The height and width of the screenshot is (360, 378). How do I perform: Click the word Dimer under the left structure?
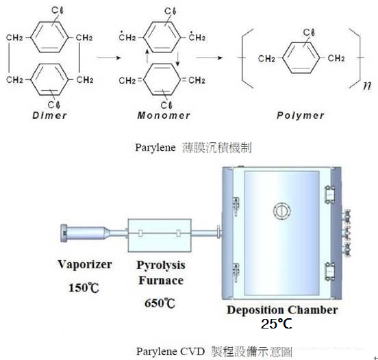coord(49,116)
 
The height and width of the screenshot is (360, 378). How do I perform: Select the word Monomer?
coord(164,116)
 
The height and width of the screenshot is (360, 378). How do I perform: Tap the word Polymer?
coord(300,116)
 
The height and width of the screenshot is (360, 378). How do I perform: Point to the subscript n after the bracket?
coord(367,86)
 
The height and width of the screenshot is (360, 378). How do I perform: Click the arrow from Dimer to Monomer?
coord(108,57)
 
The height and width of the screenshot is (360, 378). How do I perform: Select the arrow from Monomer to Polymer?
coord(210,57)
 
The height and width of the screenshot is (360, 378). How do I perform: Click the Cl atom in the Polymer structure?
coord(309,32)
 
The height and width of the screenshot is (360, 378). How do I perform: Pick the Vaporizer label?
coord(85,264)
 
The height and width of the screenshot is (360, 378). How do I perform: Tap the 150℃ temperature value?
coord(84,287)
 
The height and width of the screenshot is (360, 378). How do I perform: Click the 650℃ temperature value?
coord(160,303)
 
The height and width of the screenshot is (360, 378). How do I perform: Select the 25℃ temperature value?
coord(276,324)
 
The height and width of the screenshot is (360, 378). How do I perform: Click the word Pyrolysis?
coord(161,266)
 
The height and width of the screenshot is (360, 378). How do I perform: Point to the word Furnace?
coord(161,281)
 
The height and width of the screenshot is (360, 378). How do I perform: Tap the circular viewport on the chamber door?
coord(281,211)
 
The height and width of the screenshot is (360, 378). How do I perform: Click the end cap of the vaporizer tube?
coord(64,233)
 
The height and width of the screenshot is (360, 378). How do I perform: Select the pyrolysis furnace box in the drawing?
coord(160,235)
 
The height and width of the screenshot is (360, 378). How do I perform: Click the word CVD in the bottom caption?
coord(192,352)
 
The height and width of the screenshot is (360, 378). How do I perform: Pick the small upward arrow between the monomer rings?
coord(147,56)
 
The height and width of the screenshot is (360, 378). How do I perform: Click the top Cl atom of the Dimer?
coord(58,10)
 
